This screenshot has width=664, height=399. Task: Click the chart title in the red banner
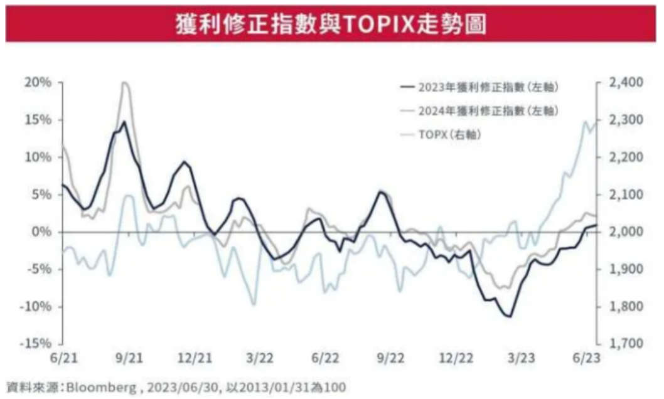[x=332, y=24]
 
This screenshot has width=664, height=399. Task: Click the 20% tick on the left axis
[x=38, y=82]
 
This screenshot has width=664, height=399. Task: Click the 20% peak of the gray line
[x=124, y=82]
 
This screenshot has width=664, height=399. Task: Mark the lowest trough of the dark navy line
[x=510, y=317]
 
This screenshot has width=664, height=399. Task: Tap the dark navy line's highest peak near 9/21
[x=124, y=122]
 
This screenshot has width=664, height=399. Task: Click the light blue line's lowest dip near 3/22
[x=254, y=305]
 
